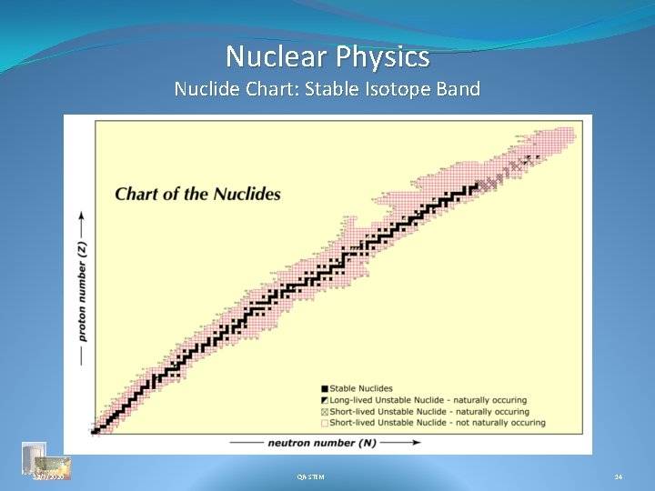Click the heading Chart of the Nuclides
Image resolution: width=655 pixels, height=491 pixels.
[197, 194]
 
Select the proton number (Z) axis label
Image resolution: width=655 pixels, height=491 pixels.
[83, 292]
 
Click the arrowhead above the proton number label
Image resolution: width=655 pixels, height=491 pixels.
[83, 217]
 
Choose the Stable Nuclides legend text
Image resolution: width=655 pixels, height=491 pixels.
[361, 389]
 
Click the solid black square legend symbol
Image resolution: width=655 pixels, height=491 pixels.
[324, 389]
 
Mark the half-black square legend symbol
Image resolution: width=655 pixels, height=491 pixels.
[324, 400]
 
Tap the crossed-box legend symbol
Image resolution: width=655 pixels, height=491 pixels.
[324, 411]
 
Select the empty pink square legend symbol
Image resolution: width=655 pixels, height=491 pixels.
[324, 422]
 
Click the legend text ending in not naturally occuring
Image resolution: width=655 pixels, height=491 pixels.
[438, 422]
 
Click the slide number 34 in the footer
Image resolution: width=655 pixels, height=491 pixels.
[619, 476]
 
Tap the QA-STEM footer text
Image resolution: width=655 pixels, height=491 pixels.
[310, 476]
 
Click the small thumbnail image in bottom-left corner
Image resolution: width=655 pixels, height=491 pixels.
[35, 456]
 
